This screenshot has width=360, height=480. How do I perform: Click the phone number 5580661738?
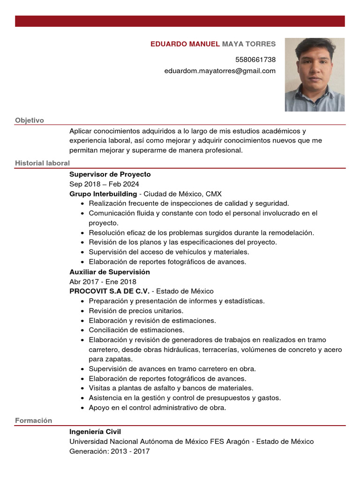tap(255, 60)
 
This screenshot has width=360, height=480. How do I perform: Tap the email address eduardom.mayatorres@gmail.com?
tap(220, 71)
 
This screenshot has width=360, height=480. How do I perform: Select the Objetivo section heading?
tap(30, 120)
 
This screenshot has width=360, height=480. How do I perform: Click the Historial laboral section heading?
tap(42, 163)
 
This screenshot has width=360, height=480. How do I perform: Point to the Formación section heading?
tap(33, 420)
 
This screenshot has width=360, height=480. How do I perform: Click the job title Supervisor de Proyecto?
tap(110, 174)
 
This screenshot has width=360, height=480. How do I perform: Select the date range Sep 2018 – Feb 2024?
tap(104, 184)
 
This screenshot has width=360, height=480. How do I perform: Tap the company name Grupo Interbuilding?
tap(103, 194)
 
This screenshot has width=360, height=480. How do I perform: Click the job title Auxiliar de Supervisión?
tap(110, 272)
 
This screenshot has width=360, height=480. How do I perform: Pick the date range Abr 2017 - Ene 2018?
tap(103, 282)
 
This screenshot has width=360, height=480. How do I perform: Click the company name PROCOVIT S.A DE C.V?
tap(109, 291)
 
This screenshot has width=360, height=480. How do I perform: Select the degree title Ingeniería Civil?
tap(95, 432)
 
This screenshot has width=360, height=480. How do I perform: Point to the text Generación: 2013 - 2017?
tap(109, 451)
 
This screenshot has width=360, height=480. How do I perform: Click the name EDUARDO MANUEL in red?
tap(185, 44)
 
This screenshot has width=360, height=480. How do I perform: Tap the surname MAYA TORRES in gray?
tap(249, 44)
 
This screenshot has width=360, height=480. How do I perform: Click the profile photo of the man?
tap(315, 75)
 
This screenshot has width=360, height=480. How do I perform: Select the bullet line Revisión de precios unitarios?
tap(136, 311)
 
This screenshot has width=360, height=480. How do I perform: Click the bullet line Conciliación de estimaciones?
tap(136, 330)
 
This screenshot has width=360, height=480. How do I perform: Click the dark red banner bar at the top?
tap(180, 21)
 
